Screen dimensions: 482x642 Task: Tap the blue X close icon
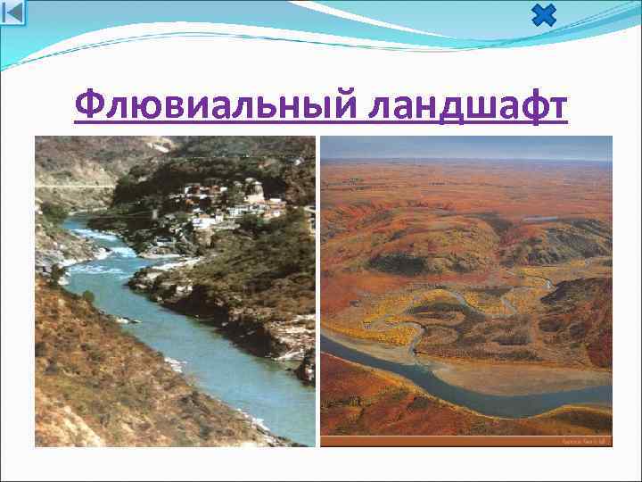click(543, 16)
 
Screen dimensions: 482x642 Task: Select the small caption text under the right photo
click(583, 441)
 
